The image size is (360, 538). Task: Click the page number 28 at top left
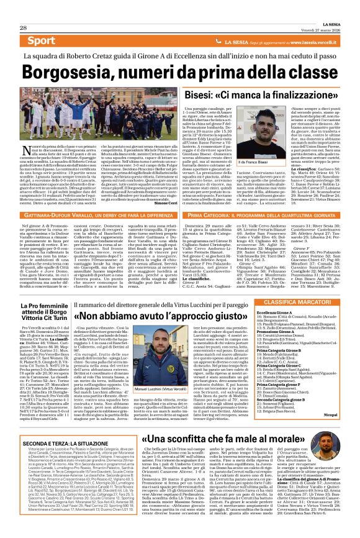23,11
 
